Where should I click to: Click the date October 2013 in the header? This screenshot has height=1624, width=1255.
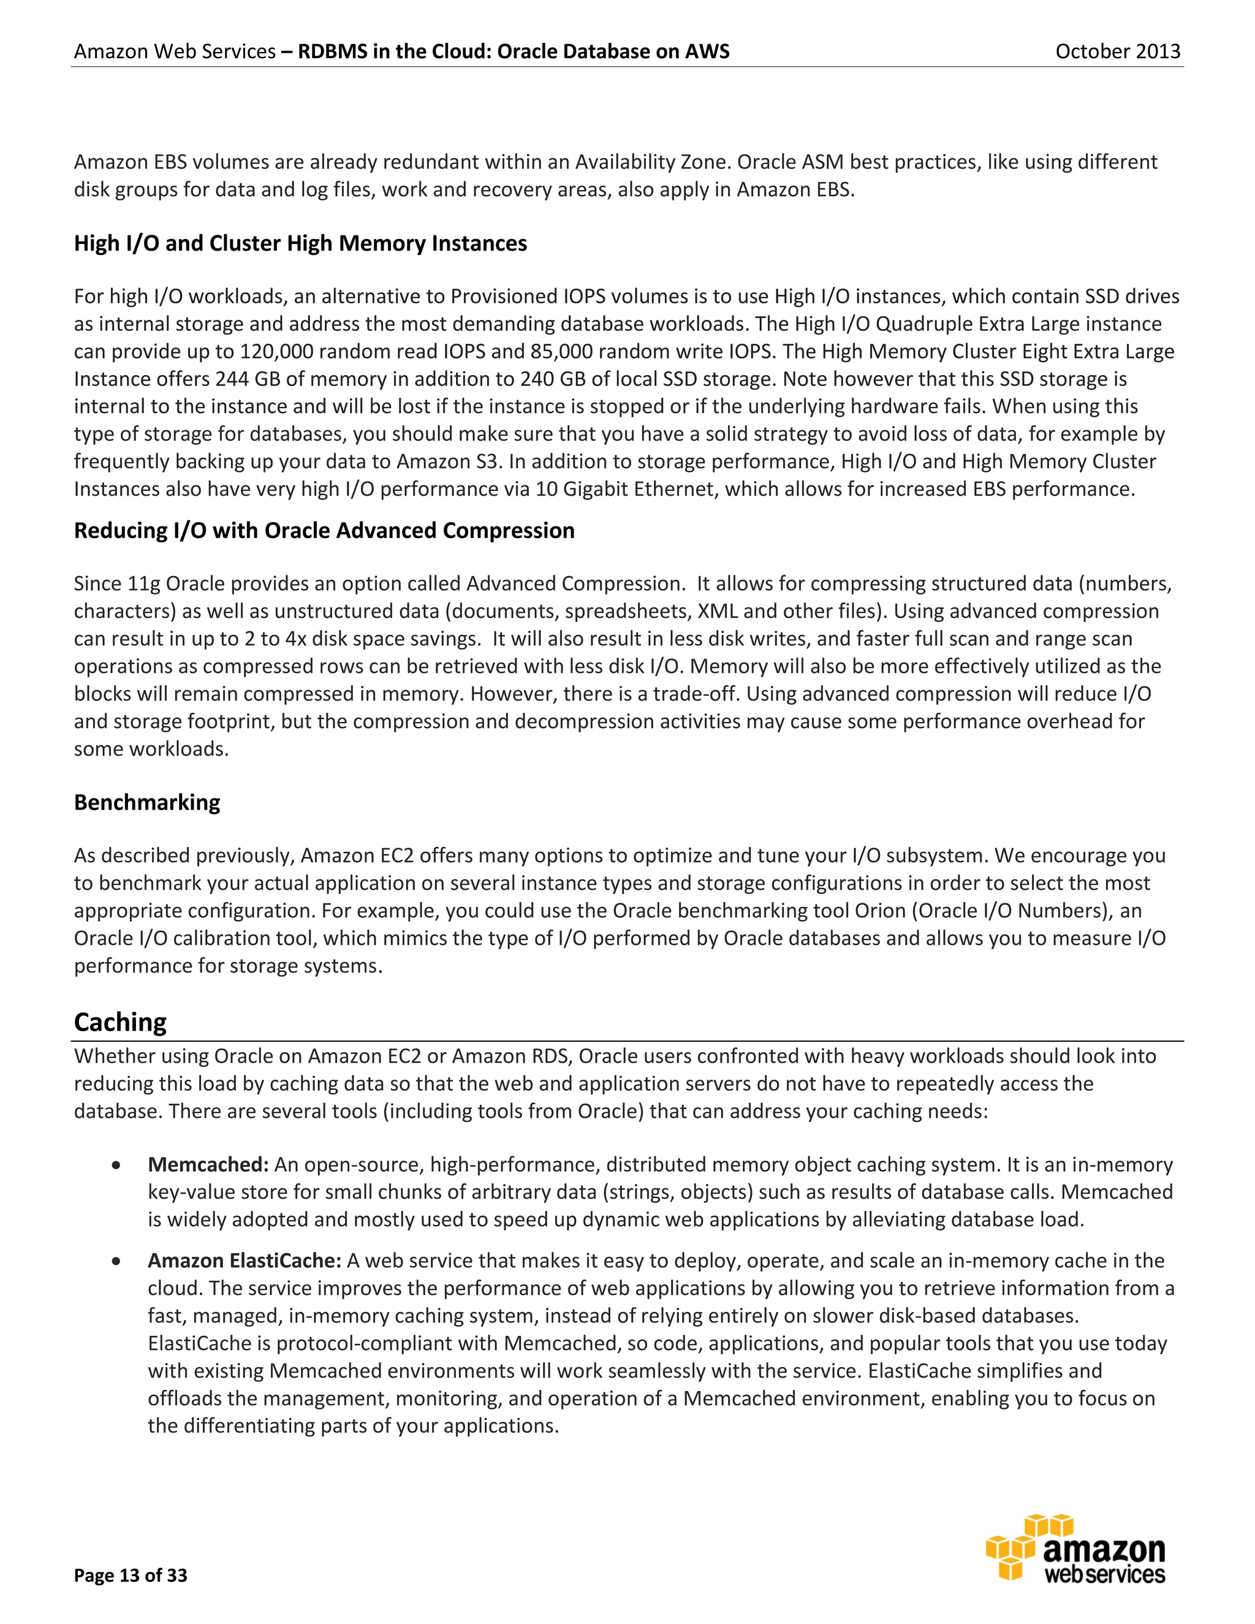point(1118,51)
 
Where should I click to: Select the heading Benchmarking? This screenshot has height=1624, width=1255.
point(146,802)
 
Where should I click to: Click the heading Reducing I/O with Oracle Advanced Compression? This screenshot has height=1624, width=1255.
point(324,530)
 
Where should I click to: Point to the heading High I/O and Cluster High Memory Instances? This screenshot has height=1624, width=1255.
point(300,243)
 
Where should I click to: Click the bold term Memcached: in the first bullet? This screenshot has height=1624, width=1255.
point(208,1164)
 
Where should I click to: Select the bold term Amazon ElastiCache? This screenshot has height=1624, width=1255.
point(244,1261)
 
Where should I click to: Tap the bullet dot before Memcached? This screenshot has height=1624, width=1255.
point(116,1165)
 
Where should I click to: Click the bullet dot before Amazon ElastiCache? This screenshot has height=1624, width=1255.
point(116,1261)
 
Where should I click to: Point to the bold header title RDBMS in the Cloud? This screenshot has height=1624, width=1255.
point(513,51)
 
